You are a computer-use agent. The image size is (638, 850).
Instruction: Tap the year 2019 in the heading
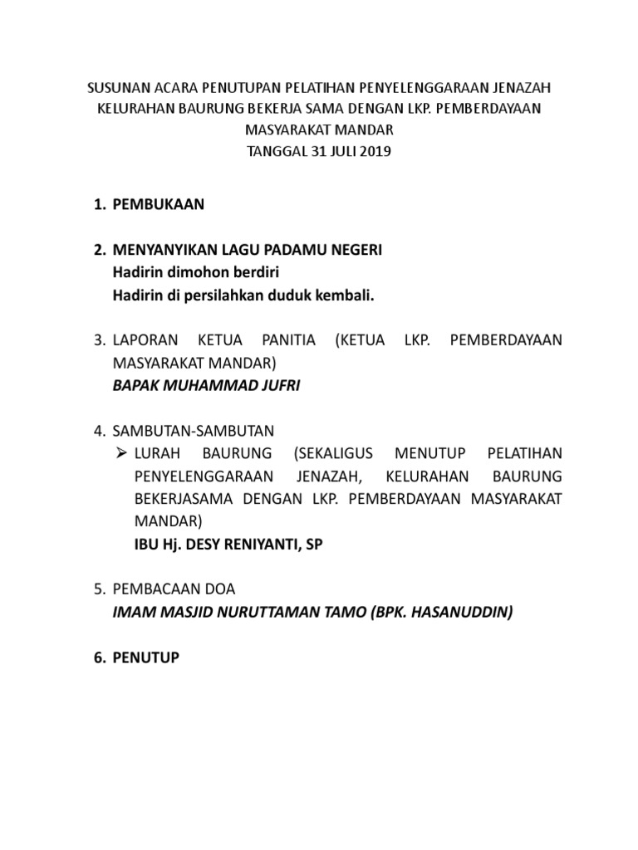(x=371, y=152)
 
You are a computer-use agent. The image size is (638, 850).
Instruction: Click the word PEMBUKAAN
(x=158, y=205)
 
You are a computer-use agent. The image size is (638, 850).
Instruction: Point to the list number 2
(x=98, y=251)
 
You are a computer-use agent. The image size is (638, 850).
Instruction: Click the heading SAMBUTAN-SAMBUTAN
(x=193, y=431)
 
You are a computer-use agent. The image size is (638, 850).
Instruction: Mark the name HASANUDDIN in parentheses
(x=454, y=613)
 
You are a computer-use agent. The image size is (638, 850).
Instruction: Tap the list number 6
(x=98, y=657)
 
